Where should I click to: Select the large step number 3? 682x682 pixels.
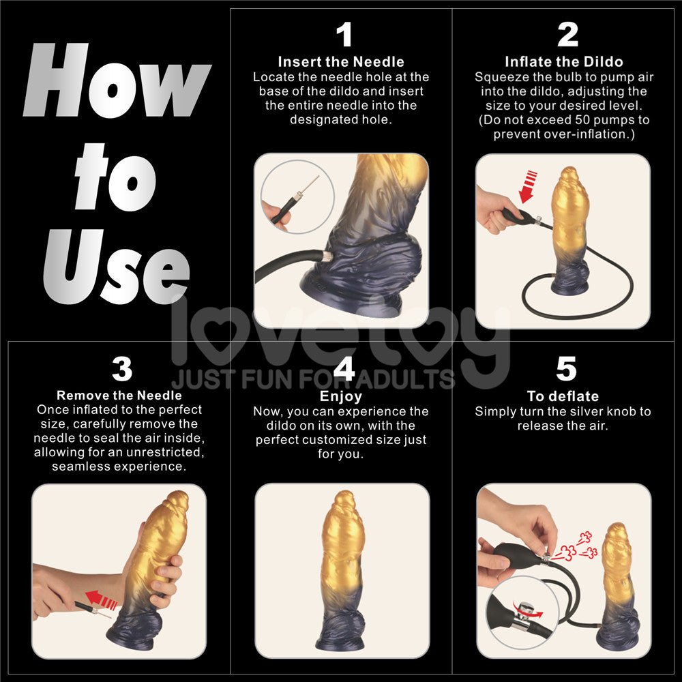coord(121,369)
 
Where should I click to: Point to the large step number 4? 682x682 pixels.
coord(344,369)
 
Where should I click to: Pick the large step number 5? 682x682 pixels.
coord(566,369)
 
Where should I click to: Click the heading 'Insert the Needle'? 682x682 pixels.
coord(341,62)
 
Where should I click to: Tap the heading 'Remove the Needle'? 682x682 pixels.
coord(119,396)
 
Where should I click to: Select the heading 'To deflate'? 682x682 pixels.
coord(563,396)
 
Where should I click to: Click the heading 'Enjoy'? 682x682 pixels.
coord(341,396)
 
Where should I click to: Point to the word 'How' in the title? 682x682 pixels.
coord(116,82)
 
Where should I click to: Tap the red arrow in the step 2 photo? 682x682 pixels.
coord(528,188)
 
